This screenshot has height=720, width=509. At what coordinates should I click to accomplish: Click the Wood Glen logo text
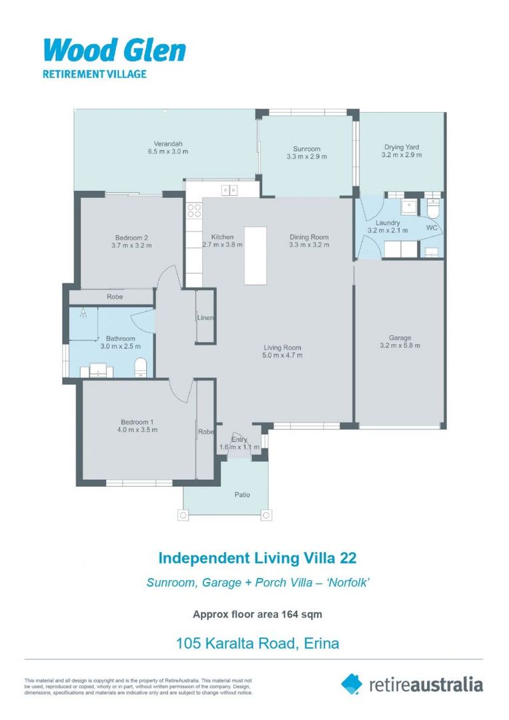coord(114,51)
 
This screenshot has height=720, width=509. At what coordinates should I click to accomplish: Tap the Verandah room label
coord(168,144)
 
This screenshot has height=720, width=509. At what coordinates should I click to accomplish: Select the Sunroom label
coord(307,149)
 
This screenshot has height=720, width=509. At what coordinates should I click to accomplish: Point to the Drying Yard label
coord(402,147)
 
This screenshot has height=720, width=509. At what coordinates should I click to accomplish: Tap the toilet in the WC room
coord(434,209)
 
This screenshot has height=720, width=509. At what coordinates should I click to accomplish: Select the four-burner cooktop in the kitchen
coord(194,211)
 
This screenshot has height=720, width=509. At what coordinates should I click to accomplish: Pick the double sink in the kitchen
coord(230,191)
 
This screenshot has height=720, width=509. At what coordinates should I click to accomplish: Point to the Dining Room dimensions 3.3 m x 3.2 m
coord(309,245)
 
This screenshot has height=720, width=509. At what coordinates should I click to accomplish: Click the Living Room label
coord(282,347)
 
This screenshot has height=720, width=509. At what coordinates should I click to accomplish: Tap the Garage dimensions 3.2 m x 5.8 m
coord(400,345)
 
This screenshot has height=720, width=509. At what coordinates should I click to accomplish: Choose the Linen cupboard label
coord(205,318)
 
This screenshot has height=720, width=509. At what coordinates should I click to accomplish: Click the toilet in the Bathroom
coord(141,367)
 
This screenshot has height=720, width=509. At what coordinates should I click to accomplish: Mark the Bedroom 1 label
coord(137,421)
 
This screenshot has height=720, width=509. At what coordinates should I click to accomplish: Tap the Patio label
coord(241,495)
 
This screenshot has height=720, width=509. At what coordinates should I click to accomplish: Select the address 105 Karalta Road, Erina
coord(258,643)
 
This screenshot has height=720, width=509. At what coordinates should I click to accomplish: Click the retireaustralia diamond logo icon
coord(352,683)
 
